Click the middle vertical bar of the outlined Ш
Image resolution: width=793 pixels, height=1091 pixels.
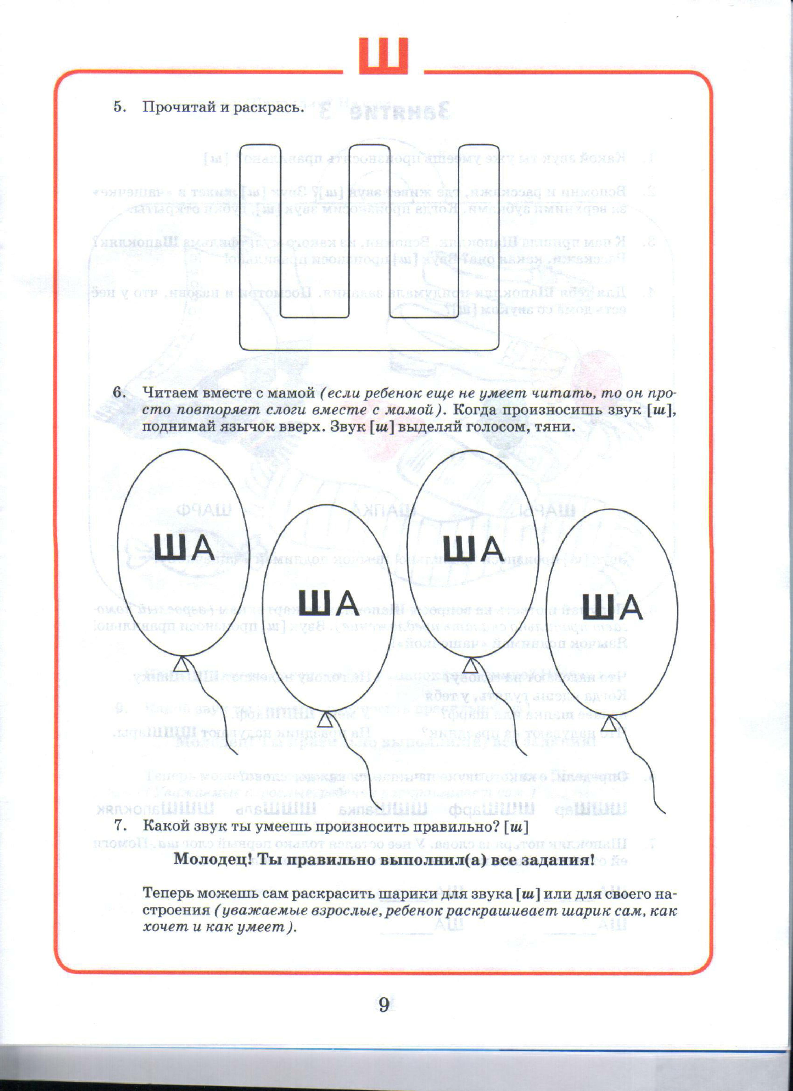click(x=369, y=231)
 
